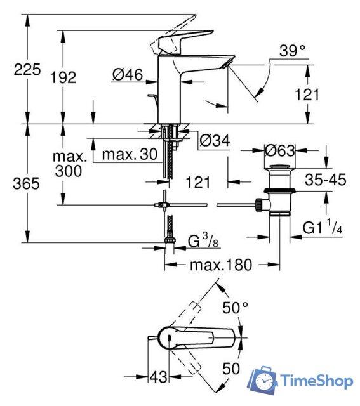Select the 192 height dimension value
(x=63, y=77)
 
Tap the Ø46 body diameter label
(x=127, y=75)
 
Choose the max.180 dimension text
(x=221, y=264)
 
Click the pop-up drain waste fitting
(x=276, y=190)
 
